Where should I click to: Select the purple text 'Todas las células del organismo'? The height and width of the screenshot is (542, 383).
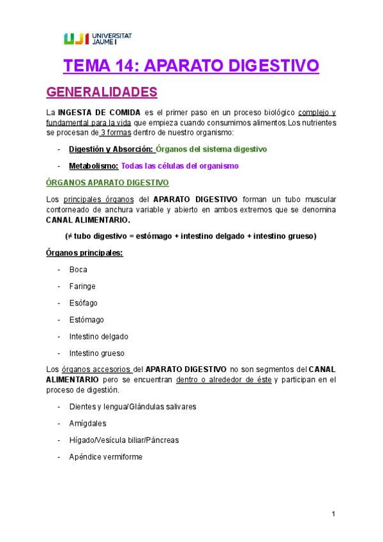click(179, 166)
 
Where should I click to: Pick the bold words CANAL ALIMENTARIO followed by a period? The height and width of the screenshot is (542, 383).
click(88, 221)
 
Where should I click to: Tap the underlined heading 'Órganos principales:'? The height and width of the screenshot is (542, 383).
click(85, 253)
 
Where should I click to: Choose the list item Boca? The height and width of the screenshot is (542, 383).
click(78, 270)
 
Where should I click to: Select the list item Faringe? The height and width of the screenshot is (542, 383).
click(82, 286)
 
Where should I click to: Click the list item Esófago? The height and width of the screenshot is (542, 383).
click(84, 303)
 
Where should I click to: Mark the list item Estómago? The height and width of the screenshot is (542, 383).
click(86, 320)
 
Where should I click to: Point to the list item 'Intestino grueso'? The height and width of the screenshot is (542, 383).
click(97, 353)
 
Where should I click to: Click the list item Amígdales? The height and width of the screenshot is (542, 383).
click(88, 423)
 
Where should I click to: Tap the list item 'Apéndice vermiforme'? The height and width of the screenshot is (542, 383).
click(106, 457)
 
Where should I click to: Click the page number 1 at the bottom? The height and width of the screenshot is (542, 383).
click(333, 514)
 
